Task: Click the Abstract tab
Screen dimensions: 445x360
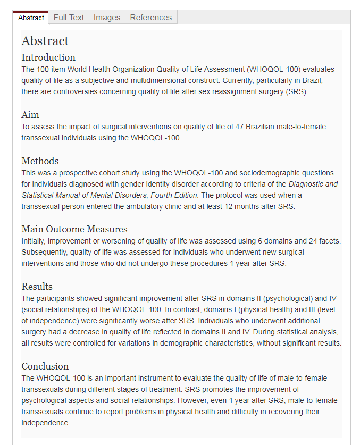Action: pos(31,18)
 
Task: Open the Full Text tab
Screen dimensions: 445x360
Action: pos(69,18)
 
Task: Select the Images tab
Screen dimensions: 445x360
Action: pos(107,18)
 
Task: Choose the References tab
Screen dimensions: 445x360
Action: pos(151,18)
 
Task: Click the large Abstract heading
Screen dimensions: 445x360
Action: pos(45,41)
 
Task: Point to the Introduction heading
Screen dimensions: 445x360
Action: pos(48,57)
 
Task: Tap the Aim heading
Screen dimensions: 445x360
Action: pos(30,115)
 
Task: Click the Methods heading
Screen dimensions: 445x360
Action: pos(40,161)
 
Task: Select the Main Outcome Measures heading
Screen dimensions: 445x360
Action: pos(74,230)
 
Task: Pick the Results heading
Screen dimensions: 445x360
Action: pos(37,287)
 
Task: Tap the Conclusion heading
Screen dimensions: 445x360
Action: pos(45,366)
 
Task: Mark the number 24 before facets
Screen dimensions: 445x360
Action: pos(313,241)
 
